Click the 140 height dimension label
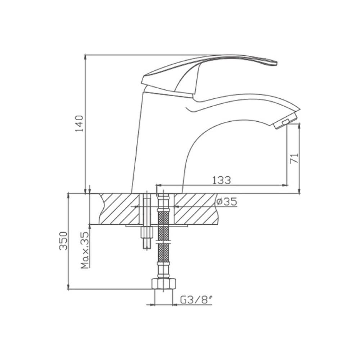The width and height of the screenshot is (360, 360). click(x=80, y=123)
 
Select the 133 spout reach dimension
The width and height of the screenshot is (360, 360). click(x=221, y=180)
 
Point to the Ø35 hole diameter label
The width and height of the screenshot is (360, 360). click(x=226, y=202)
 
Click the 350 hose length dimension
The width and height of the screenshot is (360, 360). click(x=64, y=241)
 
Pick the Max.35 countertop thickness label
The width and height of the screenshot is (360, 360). click(x=85, y=250)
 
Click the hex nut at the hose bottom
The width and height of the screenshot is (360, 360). click(x=164, y=283)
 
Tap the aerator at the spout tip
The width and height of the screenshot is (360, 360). click(x=284, y=121)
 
